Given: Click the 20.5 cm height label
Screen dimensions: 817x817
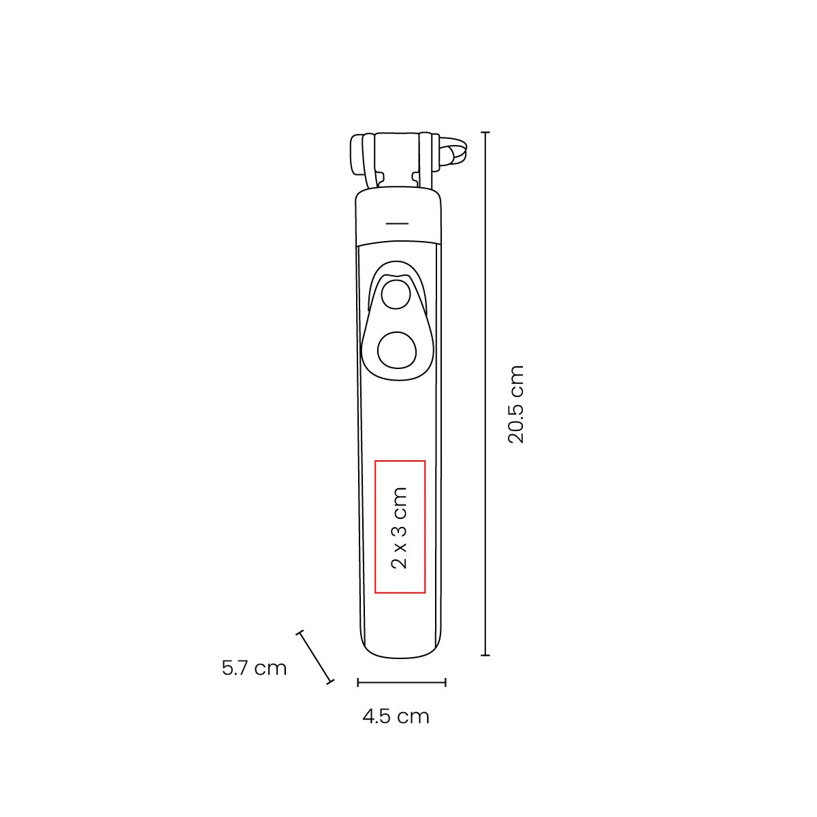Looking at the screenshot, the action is coord(516,404).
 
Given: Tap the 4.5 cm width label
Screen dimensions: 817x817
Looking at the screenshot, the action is coord(396,716).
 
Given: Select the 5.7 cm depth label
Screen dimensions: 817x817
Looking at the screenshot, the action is coord(255,668).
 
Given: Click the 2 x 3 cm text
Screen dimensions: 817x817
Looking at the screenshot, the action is coord(400,528).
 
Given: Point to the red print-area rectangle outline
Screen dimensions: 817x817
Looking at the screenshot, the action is coord(374,526).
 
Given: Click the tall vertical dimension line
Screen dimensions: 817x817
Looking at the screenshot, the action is coord(486,394).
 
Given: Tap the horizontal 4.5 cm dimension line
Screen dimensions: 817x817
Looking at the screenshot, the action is coord(402,683).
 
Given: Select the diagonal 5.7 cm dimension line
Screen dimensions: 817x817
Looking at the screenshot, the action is coord(315,657).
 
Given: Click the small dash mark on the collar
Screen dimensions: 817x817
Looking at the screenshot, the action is coord(397,223).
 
